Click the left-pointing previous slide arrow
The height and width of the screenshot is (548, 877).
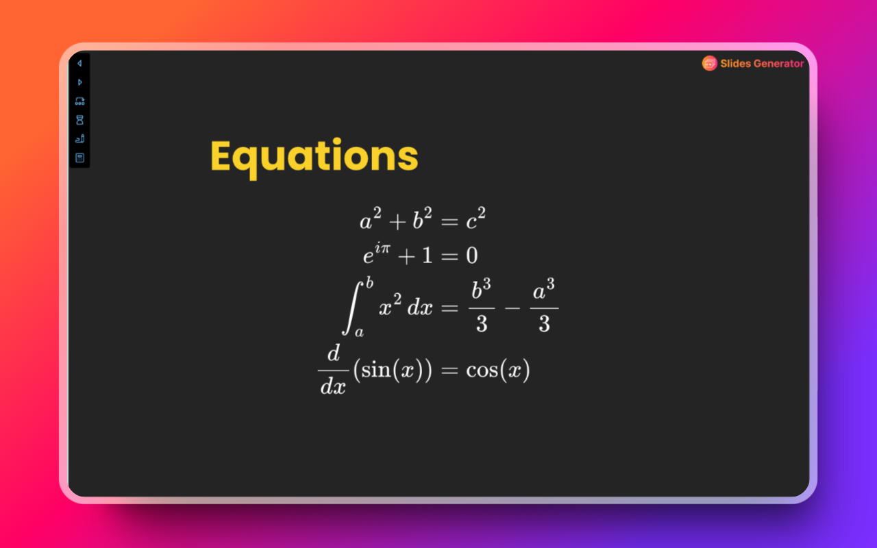point(79,63)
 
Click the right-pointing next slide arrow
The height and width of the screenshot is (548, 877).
point(79,82)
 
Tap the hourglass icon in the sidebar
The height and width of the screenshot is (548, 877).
point(79,120)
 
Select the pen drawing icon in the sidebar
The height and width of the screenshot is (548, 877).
point(79,138)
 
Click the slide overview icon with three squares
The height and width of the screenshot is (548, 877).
point(79,101)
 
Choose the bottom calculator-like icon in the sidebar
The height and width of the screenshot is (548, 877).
point(79,158)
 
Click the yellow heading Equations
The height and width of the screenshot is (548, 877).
point(314,156)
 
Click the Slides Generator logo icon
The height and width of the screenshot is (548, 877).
point(709,64)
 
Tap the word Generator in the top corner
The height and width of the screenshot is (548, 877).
point(778,64)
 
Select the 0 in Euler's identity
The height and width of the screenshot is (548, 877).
point(471,256)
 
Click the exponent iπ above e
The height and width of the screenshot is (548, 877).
point(382,249)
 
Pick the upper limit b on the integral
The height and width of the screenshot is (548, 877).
point(369,281)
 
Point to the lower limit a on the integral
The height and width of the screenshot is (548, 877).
point(358,332)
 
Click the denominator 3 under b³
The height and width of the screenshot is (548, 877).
point(482,323)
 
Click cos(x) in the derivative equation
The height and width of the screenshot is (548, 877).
point(498,371)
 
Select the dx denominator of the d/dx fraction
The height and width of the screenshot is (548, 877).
point(333,387)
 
